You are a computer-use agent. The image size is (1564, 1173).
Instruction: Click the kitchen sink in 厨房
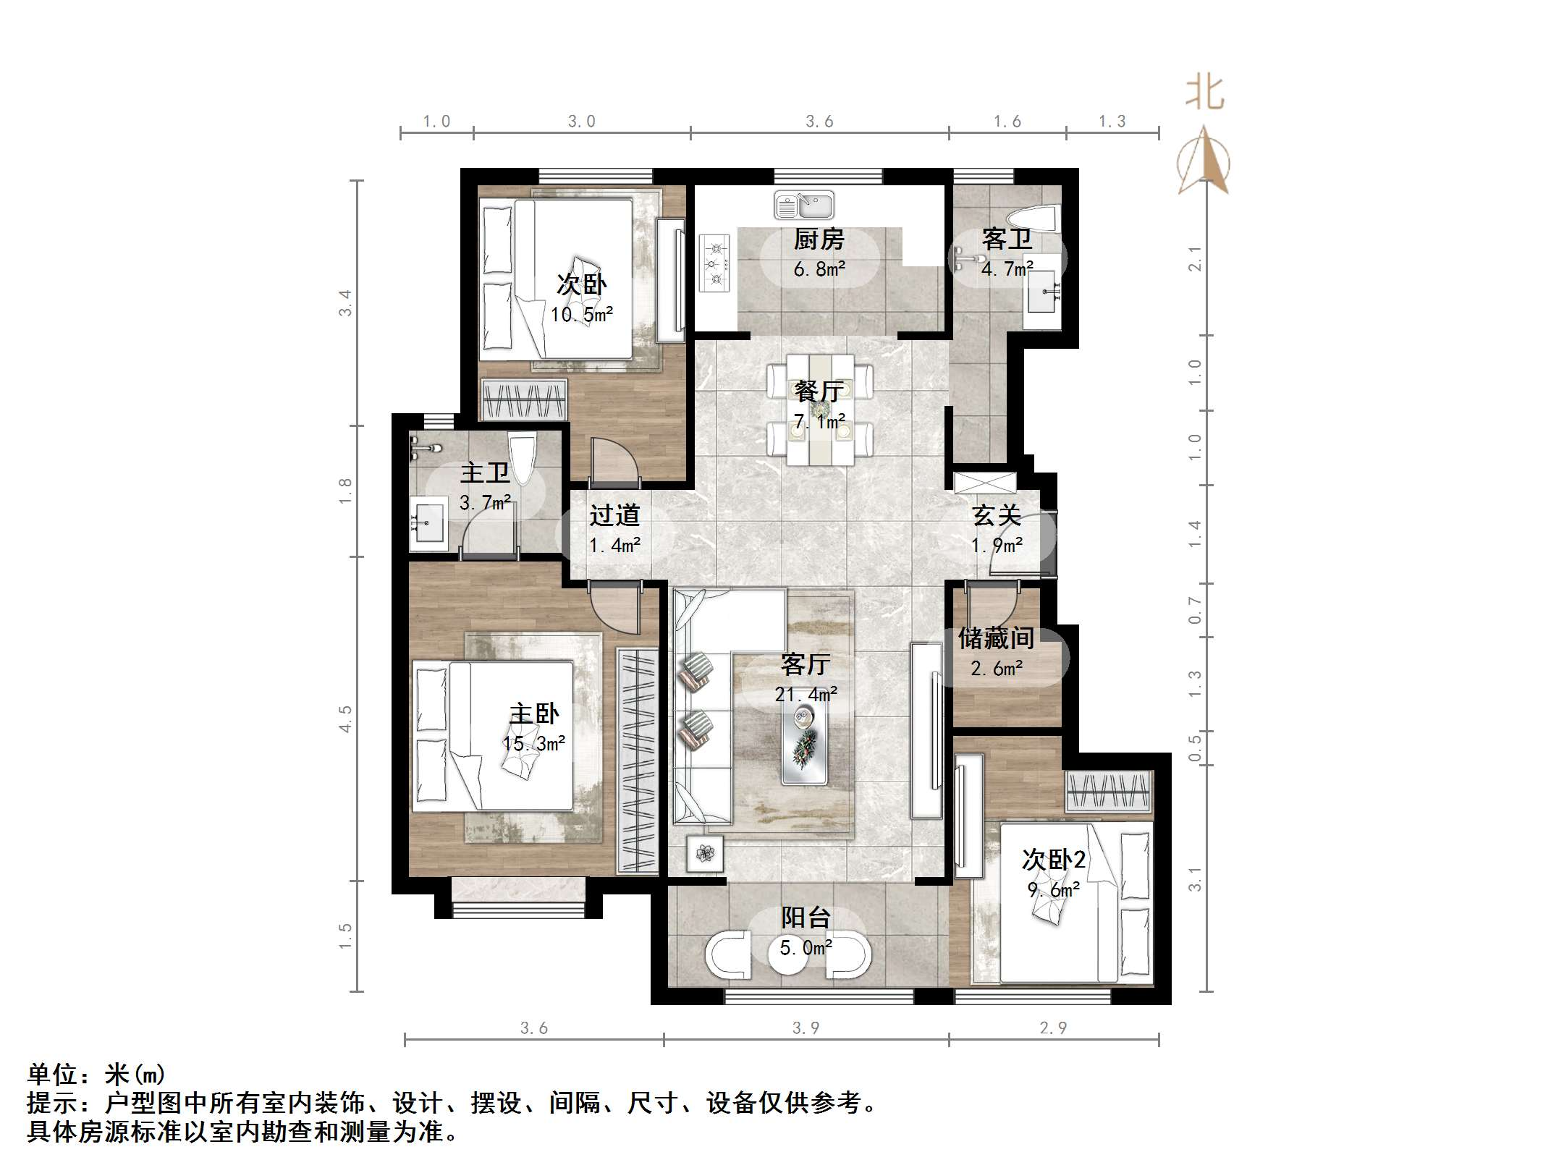click(804, 206)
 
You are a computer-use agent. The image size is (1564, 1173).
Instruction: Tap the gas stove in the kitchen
click(715, 263)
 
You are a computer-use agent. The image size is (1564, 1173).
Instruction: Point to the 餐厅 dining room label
click(819, 391)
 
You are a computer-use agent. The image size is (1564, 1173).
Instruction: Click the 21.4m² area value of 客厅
click(806, 695)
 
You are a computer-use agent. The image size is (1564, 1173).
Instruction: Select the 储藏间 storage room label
click(996, 638)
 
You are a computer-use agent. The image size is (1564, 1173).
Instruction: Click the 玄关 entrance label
click(997, 515)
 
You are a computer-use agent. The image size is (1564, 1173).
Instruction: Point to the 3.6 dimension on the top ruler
click(819, 122)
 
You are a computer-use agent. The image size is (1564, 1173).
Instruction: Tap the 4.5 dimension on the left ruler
click(345, 719)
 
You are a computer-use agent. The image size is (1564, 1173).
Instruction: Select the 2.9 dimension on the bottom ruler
click(1052, 1028)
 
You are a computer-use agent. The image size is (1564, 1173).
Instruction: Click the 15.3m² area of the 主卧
click(534, 743)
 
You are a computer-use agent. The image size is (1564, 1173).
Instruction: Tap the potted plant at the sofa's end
click(705, 855)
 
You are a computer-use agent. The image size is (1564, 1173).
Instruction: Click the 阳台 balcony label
click(806, 918)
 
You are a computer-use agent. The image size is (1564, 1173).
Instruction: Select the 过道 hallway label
click(614, 515)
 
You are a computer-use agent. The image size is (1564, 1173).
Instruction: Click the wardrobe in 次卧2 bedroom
click(1108, 792)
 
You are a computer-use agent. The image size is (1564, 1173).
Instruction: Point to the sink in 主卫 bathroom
click(428, 522)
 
